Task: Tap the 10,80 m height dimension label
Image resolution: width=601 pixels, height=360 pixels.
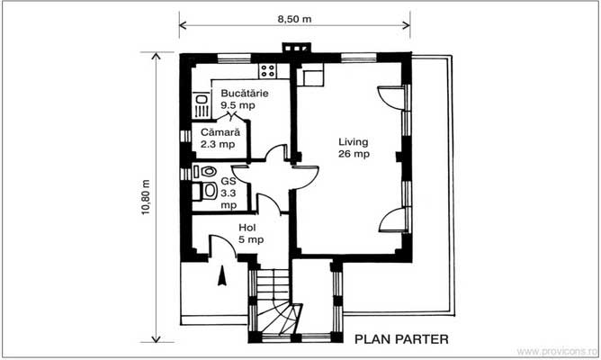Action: (145, 196)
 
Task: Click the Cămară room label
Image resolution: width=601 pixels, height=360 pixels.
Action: (220, 131)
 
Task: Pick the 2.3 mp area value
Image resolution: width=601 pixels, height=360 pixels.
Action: (218, 143)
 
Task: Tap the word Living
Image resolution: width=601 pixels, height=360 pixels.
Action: (354, 142)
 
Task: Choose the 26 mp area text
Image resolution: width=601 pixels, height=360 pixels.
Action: (354, 154)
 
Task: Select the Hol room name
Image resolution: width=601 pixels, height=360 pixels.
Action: (247, 228)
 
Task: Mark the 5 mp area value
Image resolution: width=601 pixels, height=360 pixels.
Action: (251, 239)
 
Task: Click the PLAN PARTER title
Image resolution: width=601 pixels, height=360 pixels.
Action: (401, 339)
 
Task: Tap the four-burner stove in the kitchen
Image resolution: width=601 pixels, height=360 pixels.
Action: (267, 70)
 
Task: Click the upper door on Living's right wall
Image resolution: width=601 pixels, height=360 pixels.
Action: (389, 95)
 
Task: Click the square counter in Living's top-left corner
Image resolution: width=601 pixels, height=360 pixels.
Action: (312, 76)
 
